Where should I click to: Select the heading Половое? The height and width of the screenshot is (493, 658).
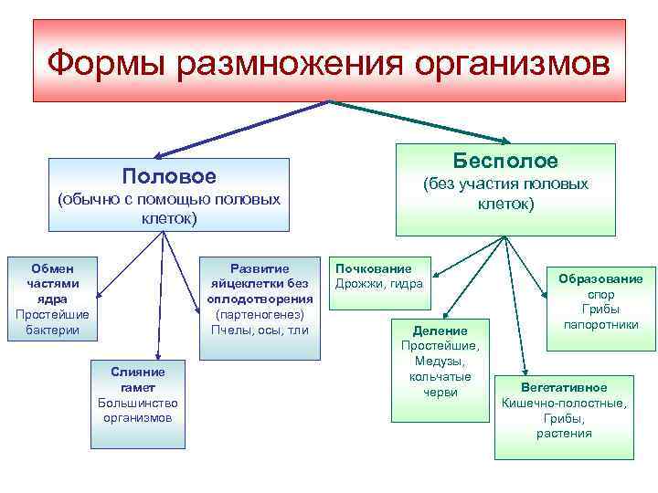[x=169, y=175]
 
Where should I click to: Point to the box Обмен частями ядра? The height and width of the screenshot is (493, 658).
[x=53, y=298]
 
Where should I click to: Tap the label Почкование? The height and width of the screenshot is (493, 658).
[x=373, y=268]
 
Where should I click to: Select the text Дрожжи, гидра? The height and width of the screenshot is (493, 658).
[x=378, y=284]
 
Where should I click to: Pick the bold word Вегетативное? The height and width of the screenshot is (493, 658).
[x=564, y=386]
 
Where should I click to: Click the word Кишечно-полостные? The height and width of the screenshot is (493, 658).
[x=564, y=402]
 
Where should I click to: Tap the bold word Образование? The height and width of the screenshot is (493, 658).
[x=600, y=278]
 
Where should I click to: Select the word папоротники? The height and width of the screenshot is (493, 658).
[x=600, y=325]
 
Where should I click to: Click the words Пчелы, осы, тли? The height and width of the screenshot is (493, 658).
[x=260, y=329]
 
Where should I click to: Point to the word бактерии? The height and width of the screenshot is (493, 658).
[x=53, y=329]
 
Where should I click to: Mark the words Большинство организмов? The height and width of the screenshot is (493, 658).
[x=138, y=410]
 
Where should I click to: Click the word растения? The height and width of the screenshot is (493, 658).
[x=564, y=433]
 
